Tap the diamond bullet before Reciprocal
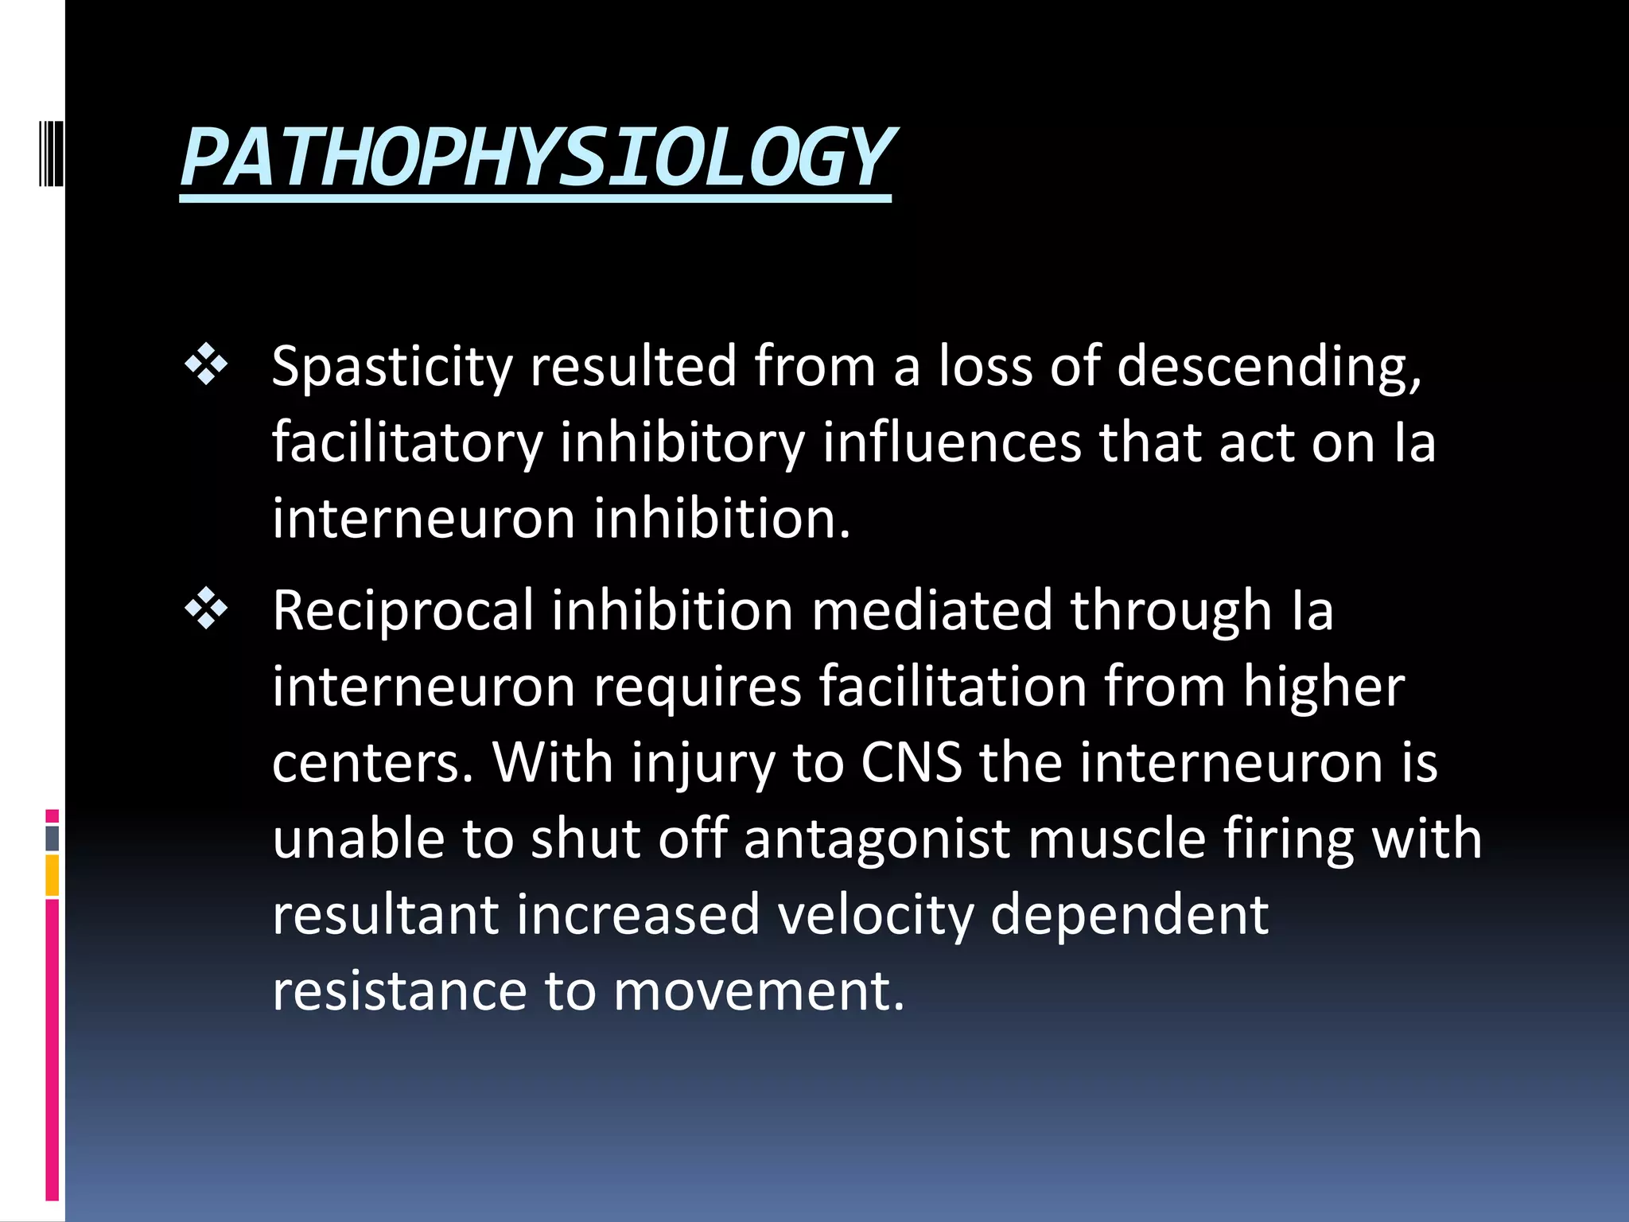click(206, 609)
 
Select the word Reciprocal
click(402, 610)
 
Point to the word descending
click(1268, 367)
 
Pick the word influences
click(951, 442)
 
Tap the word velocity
click(875, 915)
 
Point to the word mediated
click(931, 610)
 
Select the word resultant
click(385, 915)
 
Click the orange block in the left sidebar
click(52, 874)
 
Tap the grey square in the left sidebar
click(52, 838)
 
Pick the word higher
click(1324, 687)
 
